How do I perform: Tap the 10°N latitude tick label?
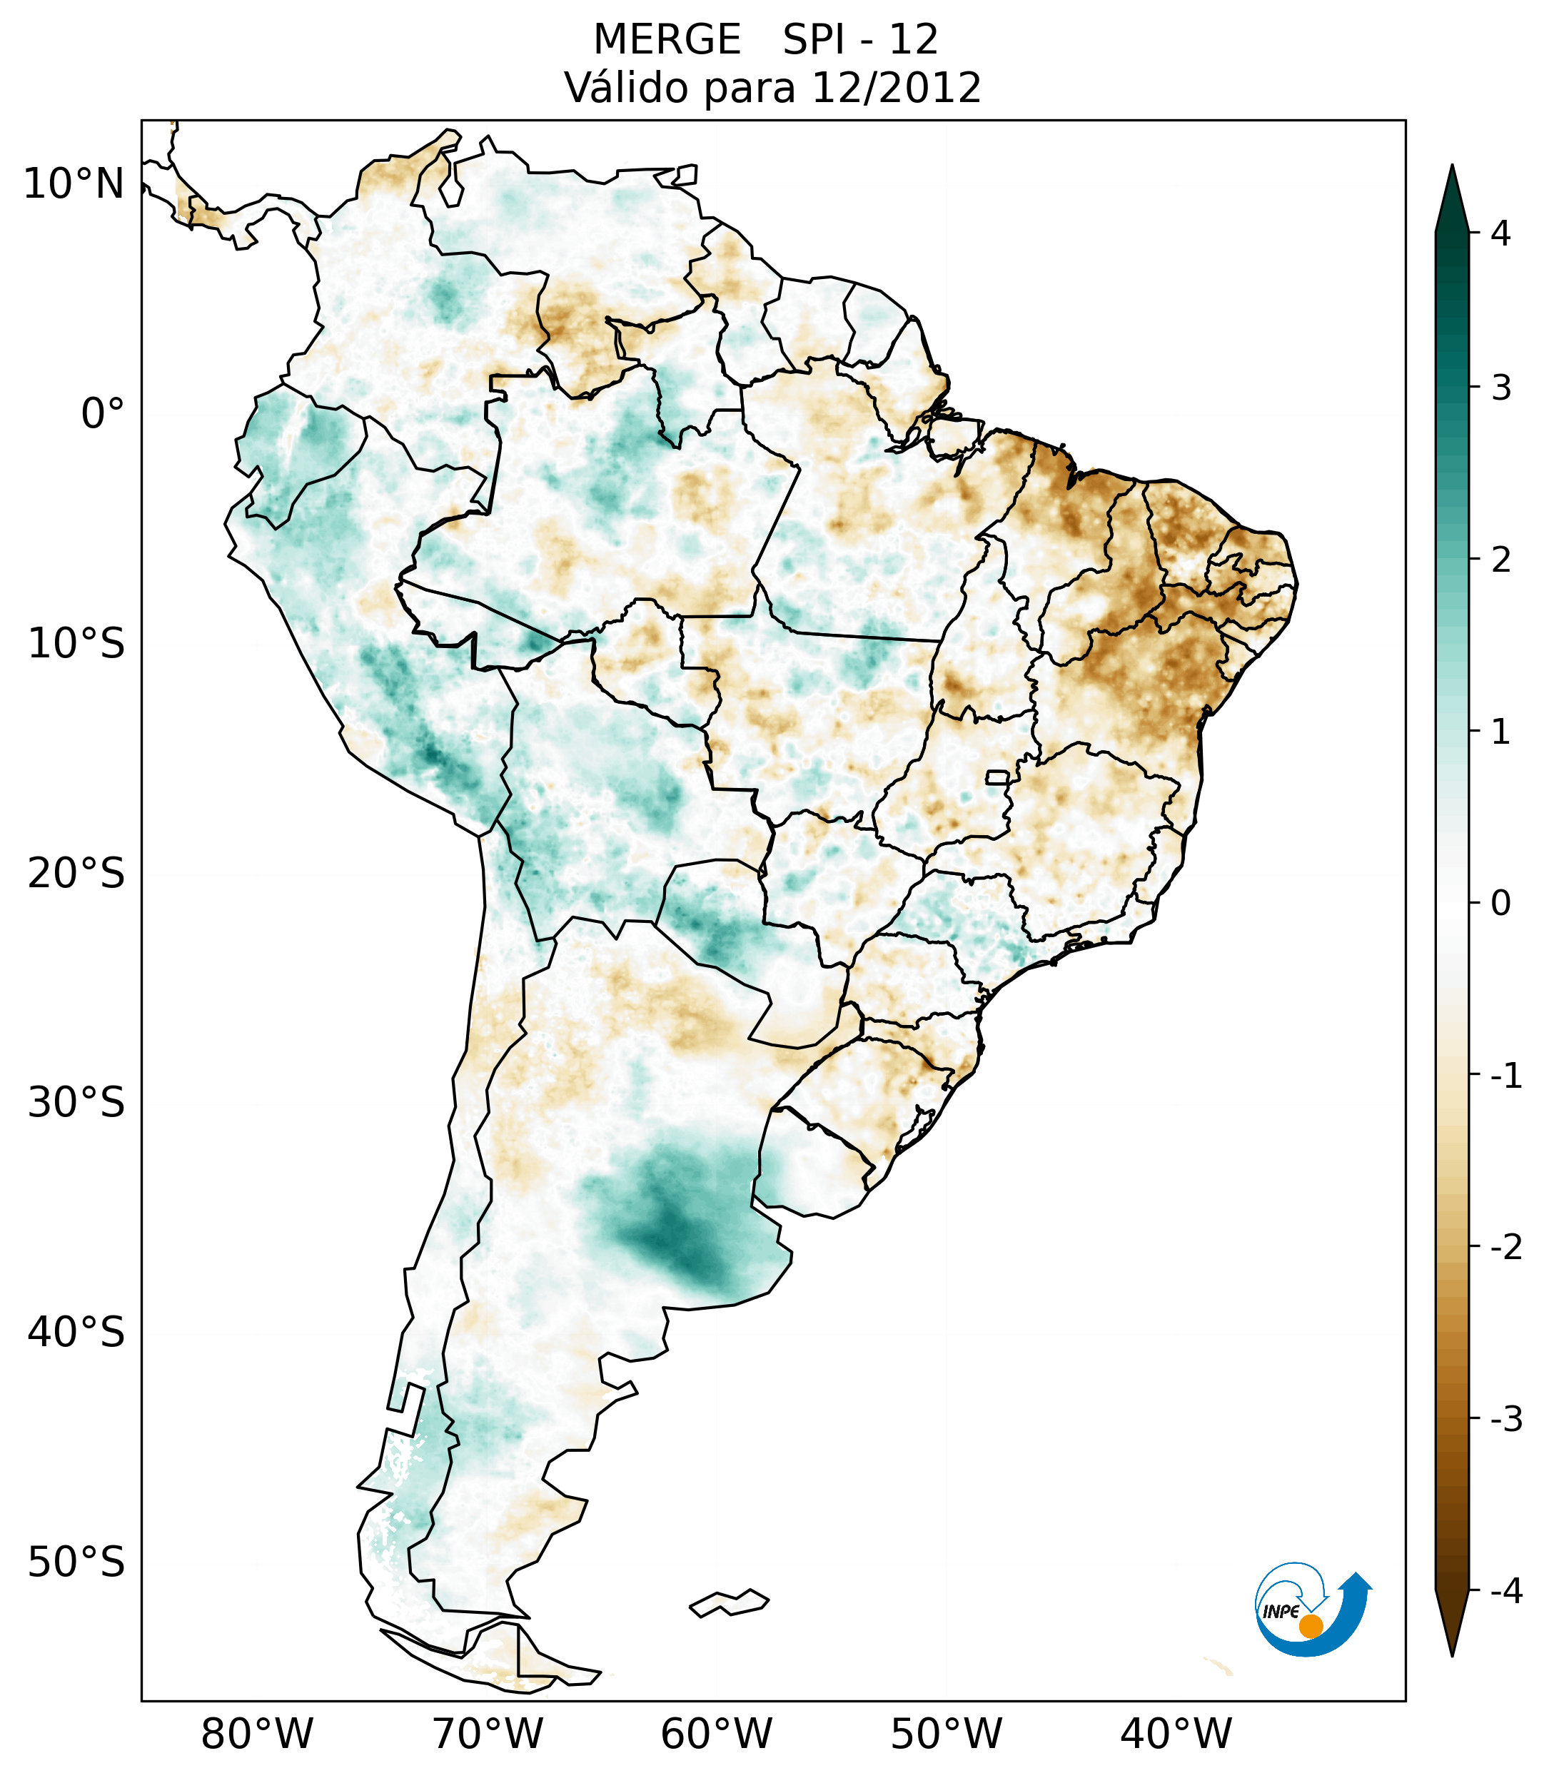pos(73,184)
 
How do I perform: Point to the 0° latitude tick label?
pos(103,414)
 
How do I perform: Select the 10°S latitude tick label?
pos(76,644)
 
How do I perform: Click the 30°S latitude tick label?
pos(76,1103)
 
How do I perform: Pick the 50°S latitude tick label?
pos(76,1562)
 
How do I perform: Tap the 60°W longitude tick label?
pos(716,1734)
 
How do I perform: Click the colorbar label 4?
pos(1500,233)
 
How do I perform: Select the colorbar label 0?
pos(1500,903)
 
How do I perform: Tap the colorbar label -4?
pos(1505,1591)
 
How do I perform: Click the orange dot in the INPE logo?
pos(1310,1626)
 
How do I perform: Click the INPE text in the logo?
pos(1281,1612)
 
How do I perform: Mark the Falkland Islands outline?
pos(729,1602)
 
